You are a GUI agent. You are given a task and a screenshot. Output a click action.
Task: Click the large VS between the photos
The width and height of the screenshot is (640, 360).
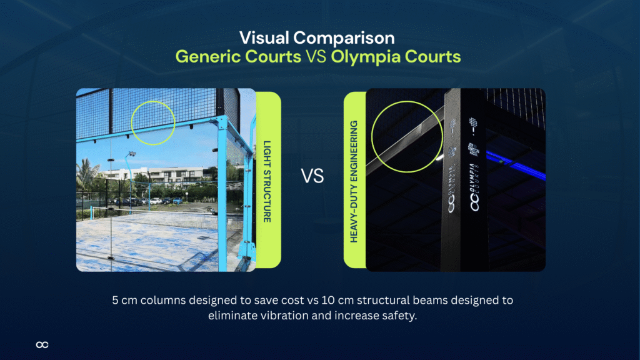tap(312, 176)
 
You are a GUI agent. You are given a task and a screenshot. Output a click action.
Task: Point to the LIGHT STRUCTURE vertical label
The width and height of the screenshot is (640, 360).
tap(267, 180)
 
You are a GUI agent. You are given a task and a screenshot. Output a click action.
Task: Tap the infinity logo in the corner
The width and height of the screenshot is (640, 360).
tap(42, 344)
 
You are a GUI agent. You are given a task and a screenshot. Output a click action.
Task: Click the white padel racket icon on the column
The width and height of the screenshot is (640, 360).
tap(454, 125)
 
